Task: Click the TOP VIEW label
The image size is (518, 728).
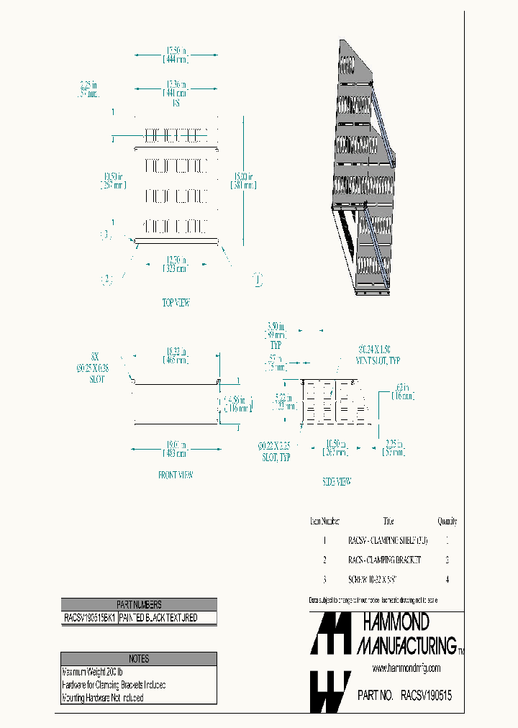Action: click(176, 303)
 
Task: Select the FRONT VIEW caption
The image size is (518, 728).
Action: click(176, 475)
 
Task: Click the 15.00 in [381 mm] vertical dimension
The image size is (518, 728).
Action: click(244, 180)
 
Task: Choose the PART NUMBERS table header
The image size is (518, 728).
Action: click(139, 605)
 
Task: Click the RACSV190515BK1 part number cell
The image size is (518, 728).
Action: click(89, 618)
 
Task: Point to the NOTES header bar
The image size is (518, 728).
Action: click(139, 658)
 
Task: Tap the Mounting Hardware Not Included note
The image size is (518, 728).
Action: click(103, 697)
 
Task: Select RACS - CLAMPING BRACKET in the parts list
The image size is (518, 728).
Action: click(384, 559)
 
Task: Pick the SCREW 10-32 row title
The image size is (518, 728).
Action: click(373, 578)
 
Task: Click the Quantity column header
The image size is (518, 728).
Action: click(447, 521)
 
